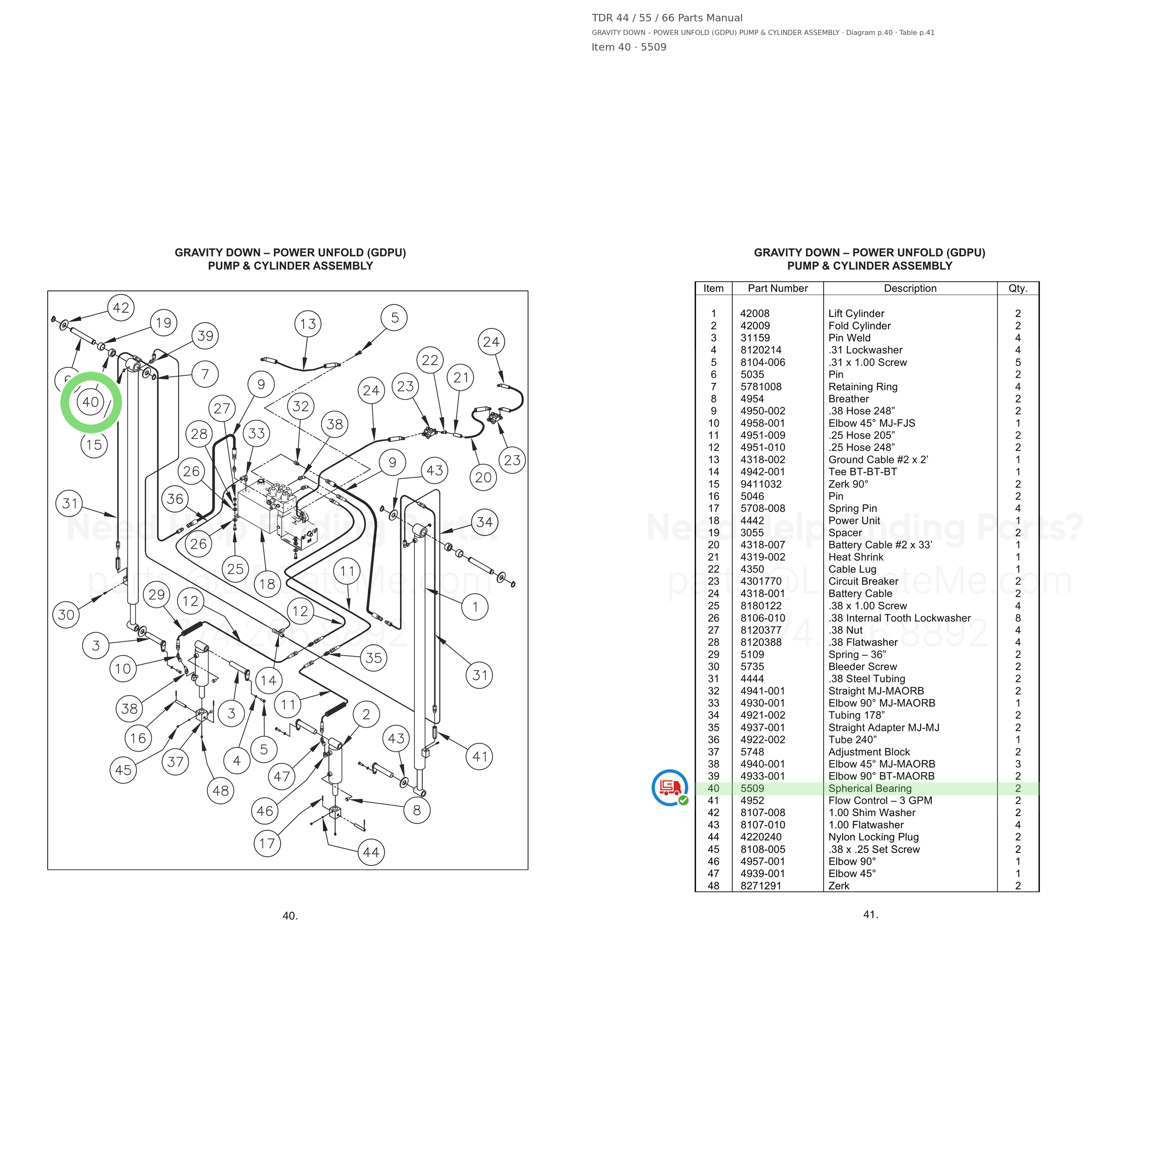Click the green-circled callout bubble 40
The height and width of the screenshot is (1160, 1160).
(90, 402)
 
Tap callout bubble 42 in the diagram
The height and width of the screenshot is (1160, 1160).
(121, 308)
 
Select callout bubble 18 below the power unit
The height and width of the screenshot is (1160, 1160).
(267, 584)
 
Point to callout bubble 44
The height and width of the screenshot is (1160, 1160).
(371, 852)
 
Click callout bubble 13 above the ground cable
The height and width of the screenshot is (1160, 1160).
(308, 323)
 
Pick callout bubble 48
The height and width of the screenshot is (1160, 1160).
(221, 791)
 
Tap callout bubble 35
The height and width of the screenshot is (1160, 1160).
(374, 657)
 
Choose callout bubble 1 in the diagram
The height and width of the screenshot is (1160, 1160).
(475, 607)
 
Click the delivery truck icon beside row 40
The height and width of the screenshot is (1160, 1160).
(670, 787)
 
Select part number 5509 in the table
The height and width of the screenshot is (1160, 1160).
(752, 788)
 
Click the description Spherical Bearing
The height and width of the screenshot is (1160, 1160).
(870, 788)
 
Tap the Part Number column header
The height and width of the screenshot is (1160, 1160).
(778, 288)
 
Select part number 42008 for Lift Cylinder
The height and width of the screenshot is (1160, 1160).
(755, 313)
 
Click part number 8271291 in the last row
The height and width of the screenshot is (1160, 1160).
(760, 886)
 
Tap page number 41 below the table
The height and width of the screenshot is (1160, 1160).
(870, 915)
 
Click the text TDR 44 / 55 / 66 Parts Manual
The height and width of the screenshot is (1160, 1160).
(667, 18)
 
